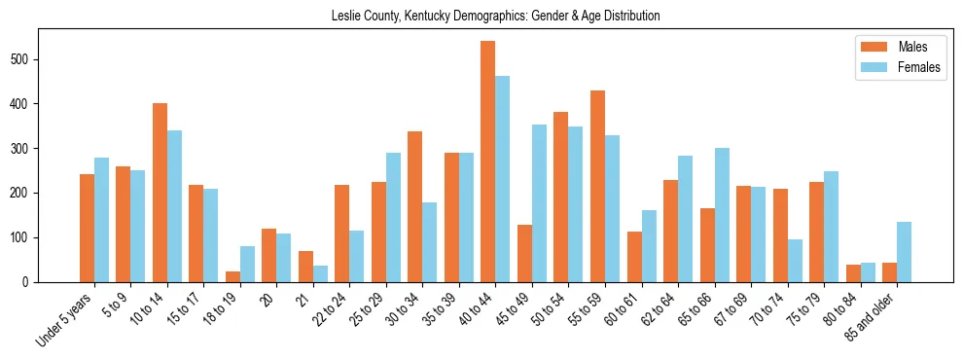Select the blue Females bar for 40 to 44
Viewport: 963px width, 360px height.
pyautogui.click(x=503, y=179)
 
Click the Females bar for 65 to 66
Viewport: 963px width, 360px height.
pyautogui.click(x=722, y=215)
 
